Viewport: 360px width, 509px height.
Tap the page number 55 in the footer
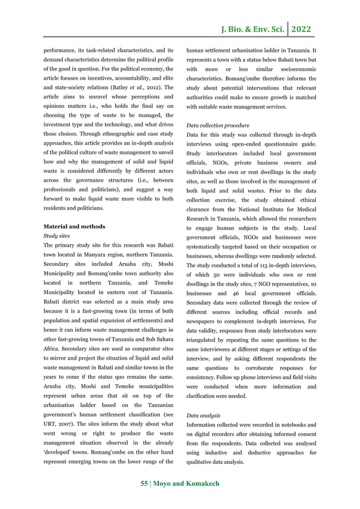pos(144,484)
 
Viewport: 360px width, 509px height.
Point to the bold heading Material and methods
pos(74,226)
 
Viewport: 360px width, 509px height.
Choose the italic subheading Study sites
pos(56,236)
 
